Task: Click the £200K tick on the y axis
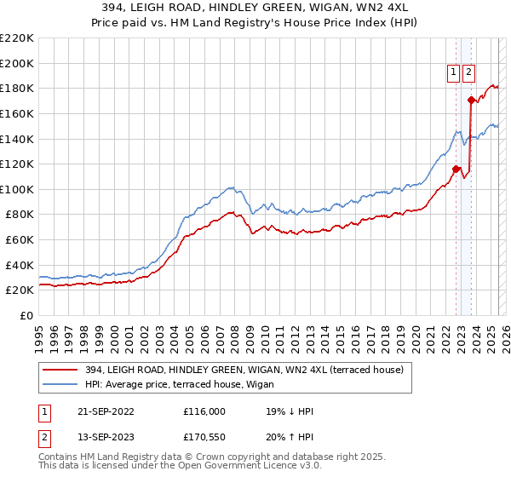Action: (17, 63)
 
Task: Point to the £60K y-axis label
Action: (20, 240)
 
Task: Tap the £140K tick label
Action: (17, 139)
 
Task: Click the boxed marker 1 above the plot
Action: (454, 72)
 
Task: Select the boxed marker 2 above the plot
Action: (469, 72)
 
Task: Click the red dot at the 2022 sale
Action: (456, 169)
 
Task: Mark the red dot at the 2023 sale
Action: (471, 100)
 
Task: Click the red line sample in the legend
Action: (61, 369)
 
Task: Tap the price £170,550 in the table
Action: (205, 439)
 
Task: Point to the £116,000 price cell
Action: (205, 411)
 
